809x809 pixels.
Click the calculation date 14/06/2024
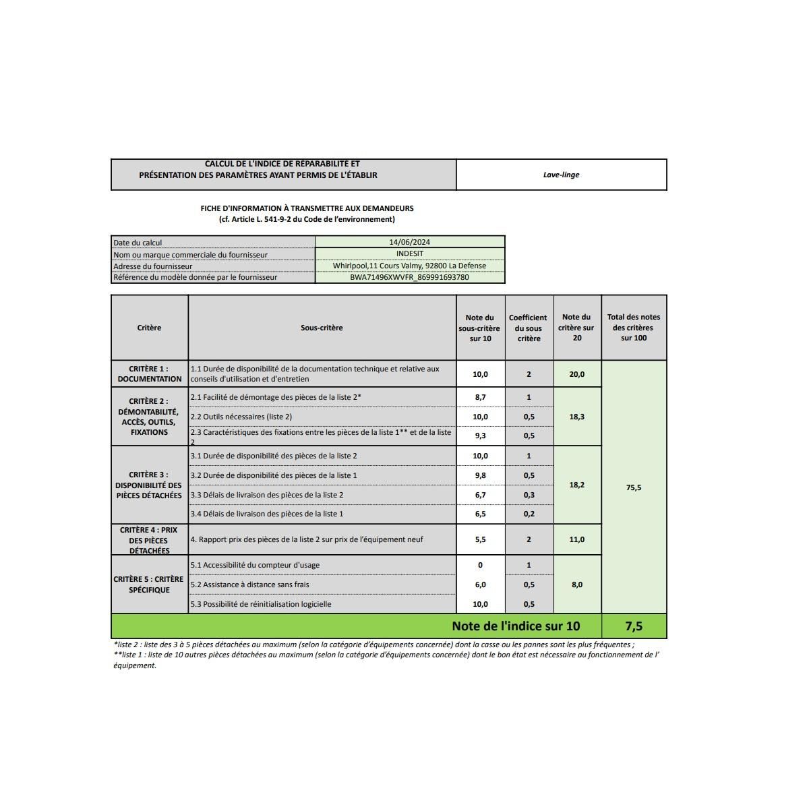(x=409, y=242)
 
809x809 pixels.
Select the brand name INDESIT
(x=409, y=253)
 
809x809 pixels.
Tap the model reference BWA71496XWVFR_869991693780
(x=409, y=277)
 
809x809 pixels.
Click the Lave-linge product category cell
(x=561, y=175)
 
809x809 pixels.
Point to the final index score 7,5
(x=634, y=626)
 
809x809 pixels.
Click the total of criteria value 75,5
(x=634, y=487)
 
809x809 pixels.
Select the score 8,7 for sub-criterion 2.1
(x=480, y=397)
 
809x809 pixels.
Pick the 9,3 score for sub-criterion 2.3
(x=480, y=436)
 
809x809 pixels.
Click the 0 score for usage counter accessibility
(x=480, y=565)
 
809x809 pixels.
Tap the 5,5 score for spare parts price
(x=480, y=539)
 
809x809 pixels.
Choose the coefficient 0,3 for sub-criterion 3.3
(x=529, y=495)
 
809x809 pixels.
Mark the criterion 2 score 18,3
(x=577, y=417)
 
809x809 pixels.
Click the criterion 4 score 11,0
(x=577, y=539)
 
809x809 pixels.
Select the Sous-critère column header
(x=322, y=328)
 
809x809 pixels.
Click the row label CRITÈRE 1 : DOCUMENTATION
(x=150, y=373)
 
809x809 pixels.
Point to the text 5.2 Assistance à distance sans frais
(x=249, y=585)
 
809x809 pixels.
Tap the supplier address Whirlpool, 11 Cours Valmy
(x=409, y=266)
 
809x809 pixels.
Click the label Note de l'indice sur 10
(x=516, y=626)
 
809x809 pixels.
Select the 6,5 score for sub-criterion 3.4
(x=480, y=514)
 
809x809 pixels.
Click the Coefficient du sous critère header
(x=529, y=328)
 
